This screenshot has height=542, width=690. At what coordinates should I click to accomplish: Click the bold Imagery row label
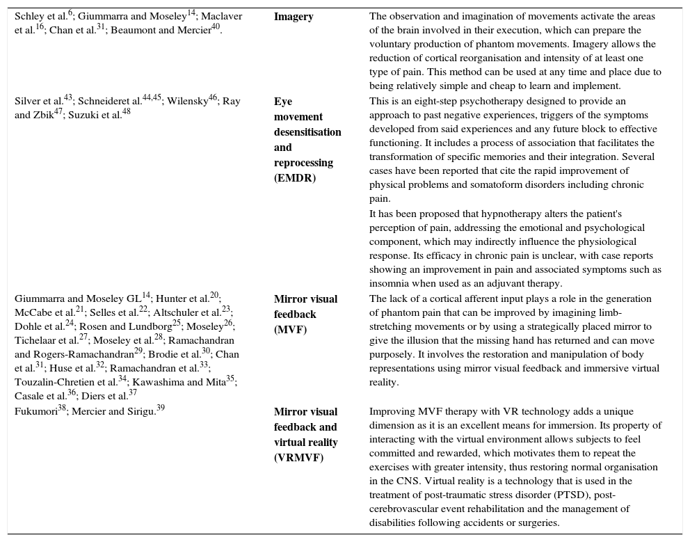tap(294, 17)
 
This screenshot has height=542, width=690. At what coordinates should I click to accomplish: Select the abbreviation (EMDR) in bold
tap(295, 178)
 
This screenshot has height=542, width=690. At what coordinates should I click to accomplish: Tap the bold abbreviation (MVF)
tap(289, 330)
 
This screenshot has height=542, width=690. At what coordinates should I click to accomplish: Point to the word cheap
tap(502, 86)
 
